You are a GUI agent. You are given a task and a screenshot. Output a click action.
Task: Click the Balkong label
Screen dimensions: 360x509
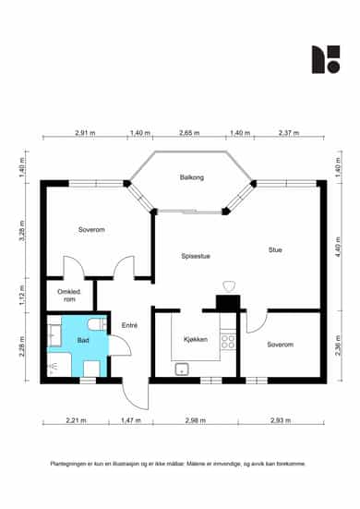192,177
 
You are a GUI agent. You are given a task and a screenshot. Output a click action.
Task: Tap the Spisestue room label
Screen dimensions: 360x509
196,256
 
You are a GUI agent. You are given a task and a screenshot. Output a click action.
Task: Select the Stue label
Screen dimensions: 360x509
275,249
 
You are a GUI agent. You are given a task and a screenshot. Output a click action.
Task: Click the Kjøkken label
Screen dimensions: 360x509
196,340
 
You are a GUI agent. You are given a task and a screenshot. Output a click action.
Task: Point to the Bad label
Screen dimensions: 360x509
83,340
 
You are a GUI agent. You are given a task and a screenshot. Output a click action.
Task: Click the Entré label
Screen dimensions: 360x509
129,325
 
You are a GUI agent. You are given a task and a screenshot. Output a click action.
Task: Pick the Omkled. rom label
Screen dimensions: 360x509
69,296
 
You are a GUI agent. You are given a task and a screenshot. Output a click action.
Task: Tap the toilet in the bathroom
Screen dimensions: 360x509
97,324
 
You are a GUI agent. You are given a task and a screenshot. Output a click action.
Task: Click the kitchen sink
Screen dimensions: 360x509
182,370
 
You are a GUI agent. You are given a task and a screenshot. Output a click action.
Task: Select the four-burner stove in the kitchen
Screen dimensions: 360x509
228,342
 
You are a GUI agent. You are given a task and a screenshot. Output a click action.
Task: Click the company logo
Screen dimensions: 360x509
326,59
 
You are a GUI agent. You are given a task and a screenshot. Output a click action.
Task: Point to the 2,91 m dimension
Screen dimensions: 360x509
85,133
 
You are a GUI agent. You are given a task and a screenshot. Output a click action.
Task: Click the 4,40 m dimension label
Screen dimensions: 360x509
338,247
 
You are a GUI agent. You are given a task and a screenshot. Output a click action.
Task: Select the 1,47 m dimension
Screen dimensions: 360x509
131,420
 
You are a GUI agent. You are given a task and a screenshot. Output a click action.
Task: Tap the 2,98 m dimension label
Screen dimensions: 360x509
196,420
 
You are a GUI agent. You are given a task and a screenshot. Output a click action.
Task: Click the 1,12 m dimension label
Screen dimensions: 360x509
22,295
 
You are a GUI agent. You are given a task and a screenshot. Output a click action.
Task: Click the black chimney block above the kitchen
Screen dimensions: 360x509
228,303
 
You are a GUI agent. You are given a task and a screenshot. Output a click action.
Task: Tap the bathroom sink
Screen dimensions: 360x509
54,334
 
